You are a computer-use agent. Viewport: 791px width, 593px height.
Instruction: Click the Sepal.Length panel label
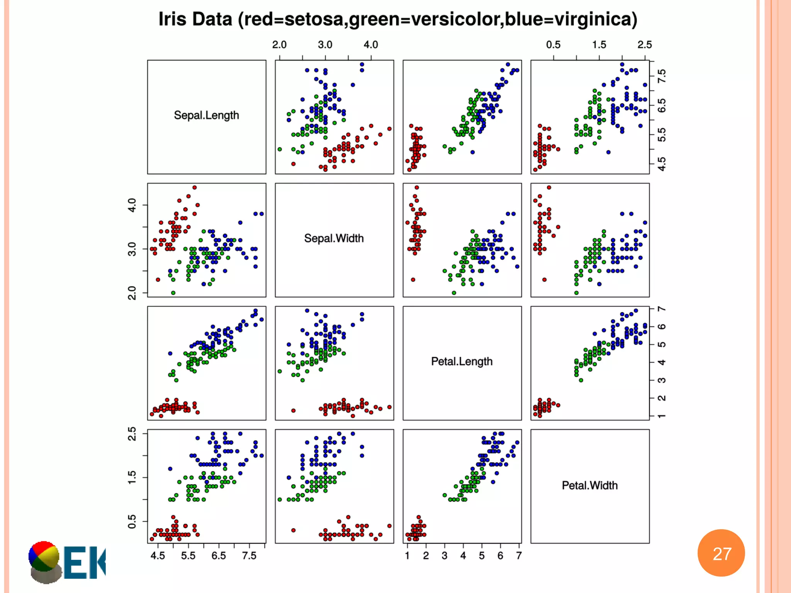(206, 115)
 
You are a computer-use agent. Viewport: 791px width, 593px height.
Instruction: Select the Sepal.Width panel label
(334, 238)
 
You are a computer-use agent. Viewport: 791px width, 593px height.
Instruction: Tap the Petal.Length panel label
(462, 361)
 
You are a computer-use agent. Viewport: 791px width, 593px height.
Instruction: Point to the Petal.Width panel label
(589, 485)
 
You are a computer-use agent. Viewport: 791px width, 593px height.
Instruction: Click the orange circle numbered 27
(721, 553)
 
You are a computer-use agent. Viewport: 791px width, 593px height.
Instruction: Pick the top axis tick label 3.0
(325, 45)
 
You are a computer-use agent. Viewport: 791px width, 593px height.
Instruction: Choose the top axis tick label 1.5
(599, 45)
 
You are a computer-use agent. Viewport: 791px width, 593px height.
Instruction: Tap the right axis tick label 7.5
(662, 76)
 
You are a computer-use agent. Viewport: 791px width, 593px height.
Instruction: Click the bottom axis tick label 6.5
(219, 556)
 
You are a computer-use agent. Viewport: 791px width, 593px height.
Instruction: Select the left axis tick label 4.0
(132, 205)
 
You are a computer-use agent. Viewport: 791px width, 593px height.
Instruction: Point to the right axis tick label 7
(662, 309)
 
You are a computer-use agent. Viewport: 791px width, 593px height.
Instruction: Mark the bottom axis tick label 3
(445, 556)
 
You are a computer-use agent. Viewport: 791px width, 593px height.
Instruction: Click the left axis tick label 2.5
(132, 434)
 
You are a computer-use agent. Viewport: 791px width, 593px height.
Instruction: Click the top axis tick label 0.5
(553, 45)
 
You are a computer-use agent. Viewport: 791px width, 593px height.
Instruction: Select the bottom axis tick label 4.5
(158, 556)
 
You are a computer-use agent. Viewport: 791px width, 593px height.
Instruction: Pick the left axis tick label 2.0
(132, 293)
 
